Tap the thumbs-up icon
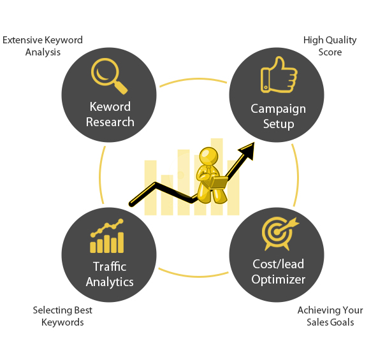pyautogui.click(x=279, y=75)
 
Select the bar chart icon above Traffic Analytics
pyautogui.click(x=107, y=236)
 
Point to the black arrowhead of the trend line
pyautogui.click(x=247, y=150)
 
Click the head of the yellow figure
pyautogui.click(x=208, y=156)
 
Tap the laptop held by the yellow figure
pyautogui.click(x=218, y=183)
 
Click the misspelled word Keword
pyautogui.click(x=110, y=106)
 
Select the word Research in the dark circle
pyautogui.click(x=110, y=122)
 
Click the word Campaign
pyautogui.click(x=278, y=109)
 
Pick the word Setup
pyautogui.click(x=279, y=125)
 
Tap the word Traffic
pyautogui.click(x=110, y=266)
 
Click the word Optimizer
pyautogui.click(x=278, y=280)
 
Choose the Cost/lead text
pyautogui.click(x=278, y=264)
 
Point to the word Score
pyautogui.click(x=330, y=52)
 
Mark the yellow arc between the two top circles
pyautogui.click(x=193, y=79)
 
